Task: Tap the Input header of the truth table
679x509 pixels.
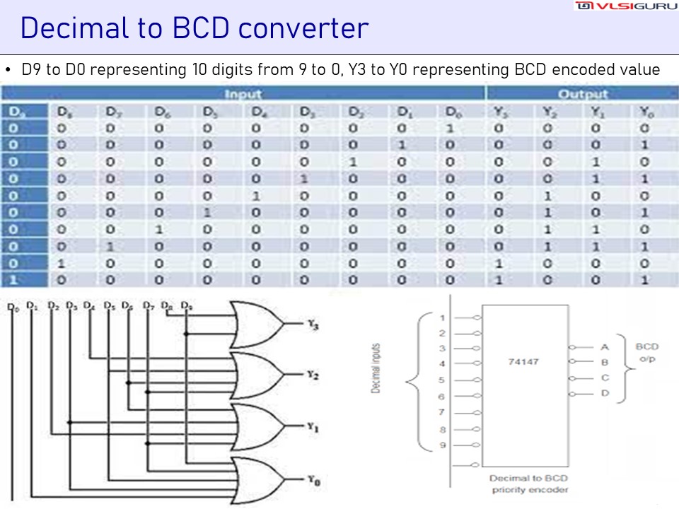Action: (243, 94)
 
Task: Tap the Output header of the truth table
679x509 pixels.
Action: (582, 94)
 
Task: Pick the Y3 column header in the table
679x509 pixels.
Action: (499, 112)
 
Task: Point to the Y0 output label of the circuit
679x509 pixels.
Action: (313, 480)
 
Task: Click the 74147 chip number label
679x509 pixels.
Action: (523, 361)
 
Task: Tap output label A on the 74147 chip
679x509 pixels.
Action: (605, 347)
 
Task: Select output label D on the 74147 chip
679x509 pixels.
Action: (605, 393)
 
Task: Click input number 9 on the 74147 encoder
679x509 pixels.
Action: (442, 445)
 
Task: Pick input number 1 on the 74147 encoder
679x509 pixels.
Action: (442, 317)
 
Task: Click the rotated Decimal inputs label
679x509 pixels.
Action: (376, 368)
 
